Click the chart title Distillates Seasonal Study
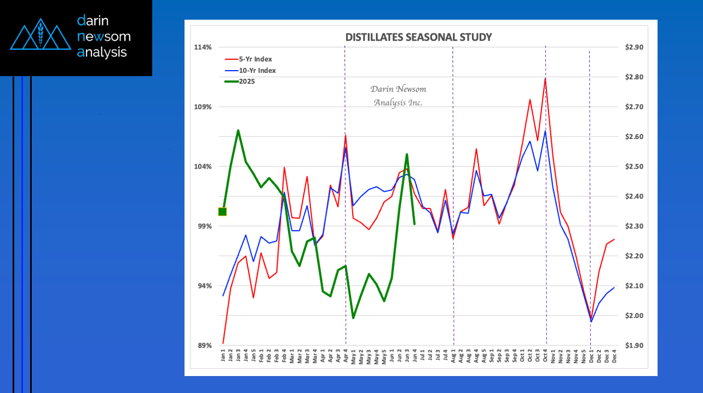[418, 37]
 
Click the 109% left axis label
[203, 107]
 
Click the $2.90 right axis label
[634, 47]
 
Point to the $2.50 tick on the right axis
[634, 166]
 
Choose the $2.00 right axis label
[634, 316]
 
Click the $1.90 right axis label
[634, 345]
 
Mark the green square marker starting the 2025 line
[222, 212]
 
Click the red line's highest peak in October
[545, 78]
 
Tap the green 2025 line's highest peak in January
[238, 130]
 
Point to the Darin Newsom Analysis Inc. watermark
[398, 96]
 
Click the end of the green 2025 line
[414, 224]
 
